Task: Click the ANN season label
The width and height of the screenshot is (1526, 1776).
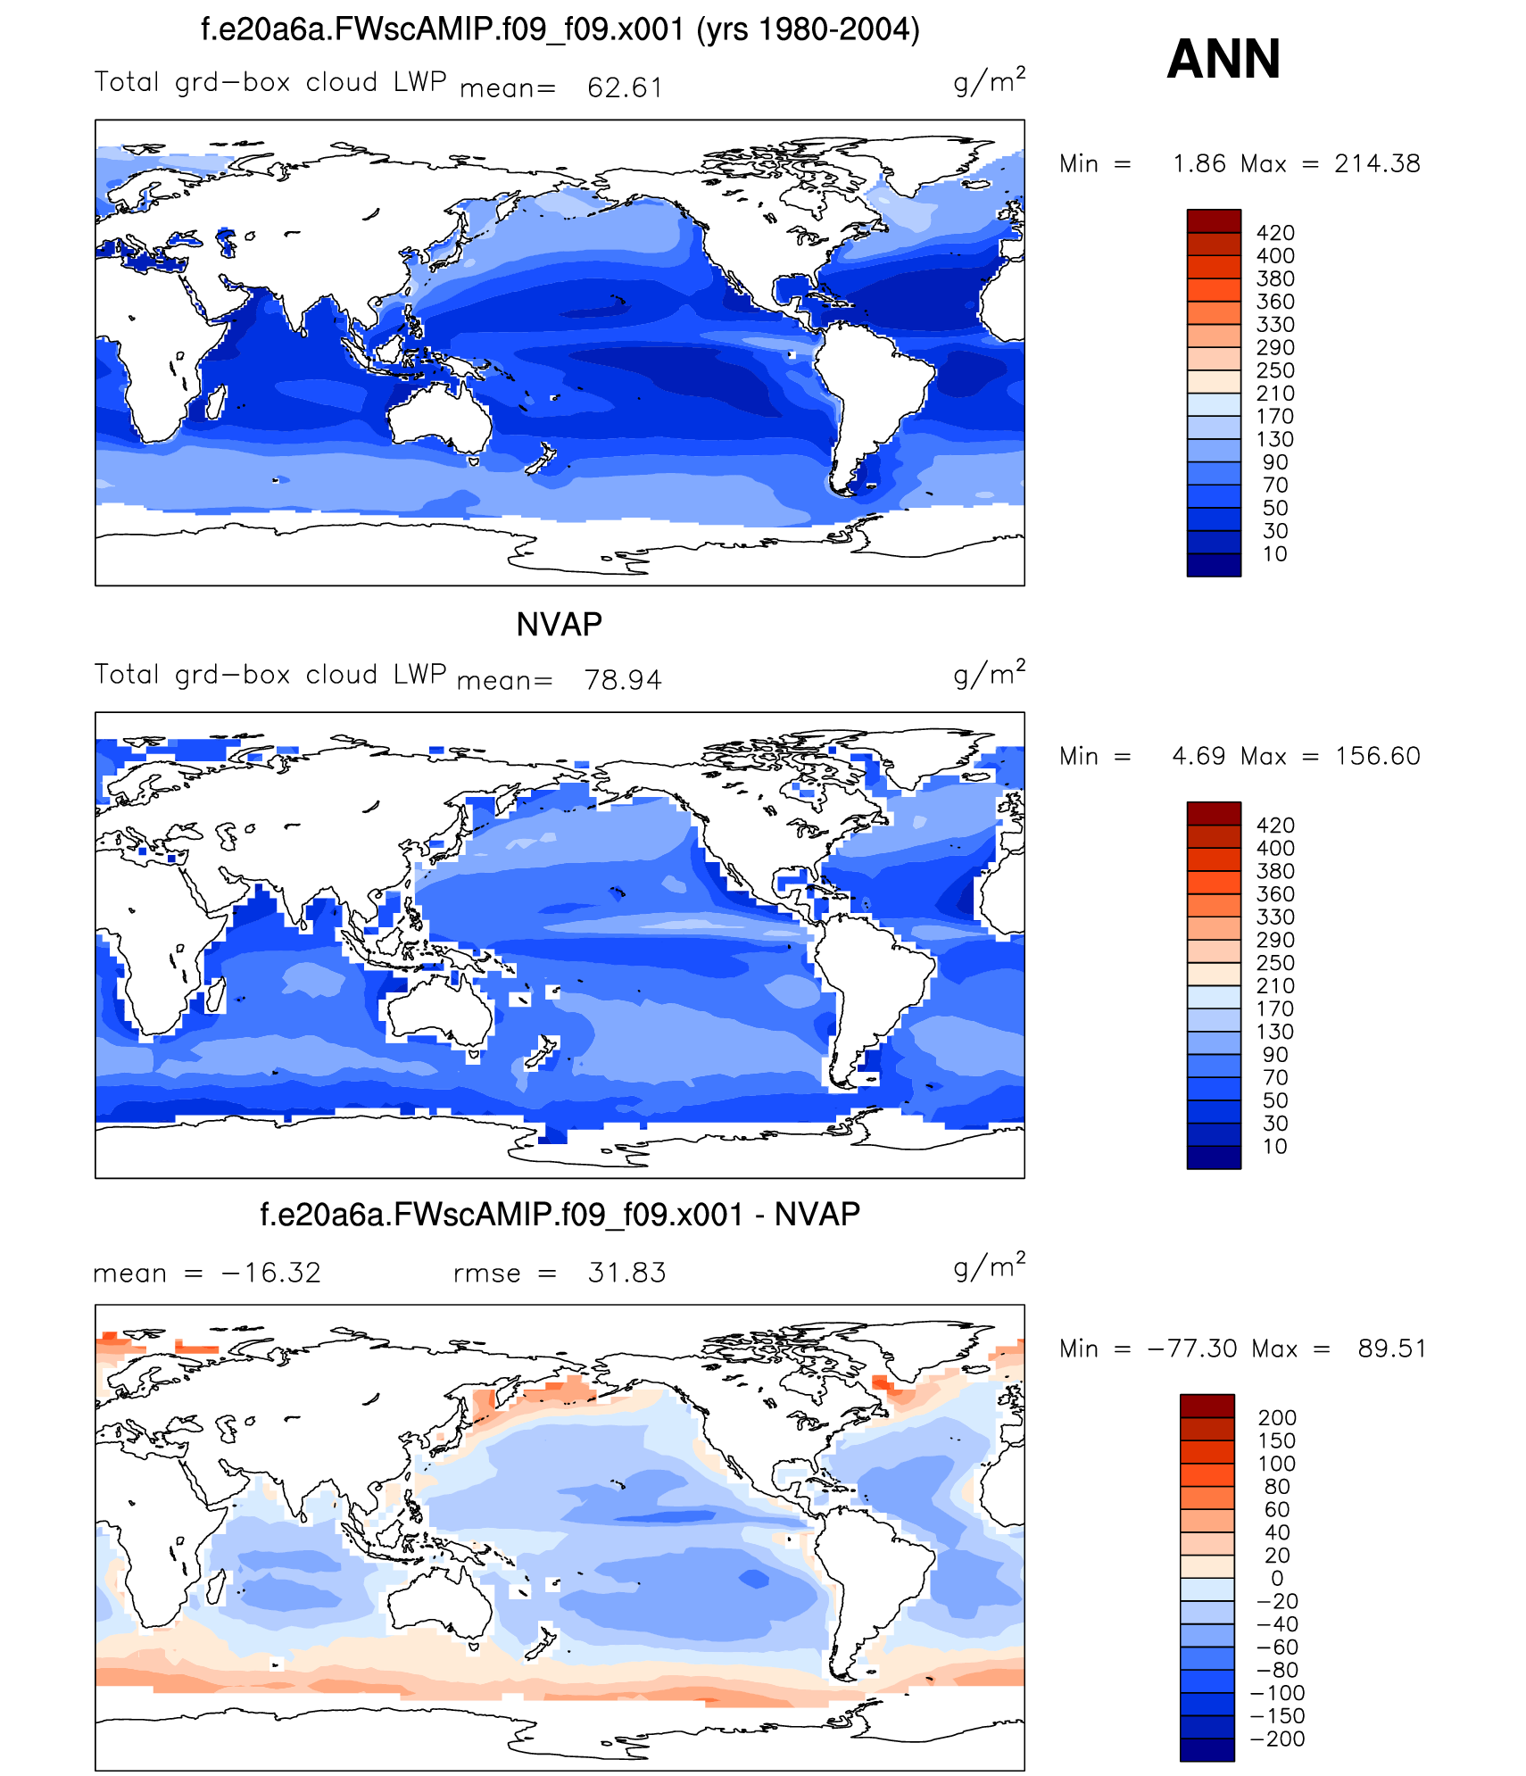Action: pyautogui.click(x=1223, y=59)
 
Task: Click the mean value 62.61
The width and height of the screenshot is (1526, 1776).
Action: pyautogui.click(x=625, y=87)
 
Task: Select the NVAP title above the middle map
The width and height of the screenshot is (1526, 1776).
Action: pyautogui.click(x=559, y=624)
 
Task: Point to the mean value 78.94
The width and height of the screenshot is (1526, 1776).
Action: pyautogui.click(x=623, y=680)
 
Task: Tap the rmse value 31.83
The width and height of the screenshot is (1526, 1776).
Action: pyautogui.click(x=626, y=1273)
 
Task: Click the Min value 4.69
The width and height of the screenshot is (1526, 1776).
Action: pyautogui.click(x=1198, y=756)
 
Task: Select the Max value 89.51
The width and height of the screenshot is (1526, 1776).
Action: pyautogui.click(x=1391, y=1349)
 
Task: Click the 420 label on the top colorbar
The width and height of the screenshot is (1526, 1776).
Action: pyautogui.click(x=1275, y=233)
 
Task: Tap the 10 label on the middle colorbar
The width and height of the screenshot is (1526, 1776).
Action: pyautogui.click(x=1274, y=1147)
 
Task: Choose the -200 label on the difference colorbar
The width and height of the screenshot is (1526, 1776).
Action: pyautogui.click(x=1277, y=1739)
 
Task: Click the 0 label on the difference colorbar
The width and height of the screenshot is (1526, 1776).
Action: pyautogui.click(x=1277, y=1579)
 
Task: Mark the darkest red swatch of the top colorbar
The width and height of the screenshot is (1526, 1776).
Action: pyautogui.click(x=1213, y=220)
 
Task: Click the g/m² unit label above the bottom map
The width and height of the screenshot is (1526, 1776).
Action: pyautogui.click(x=989, y=1266)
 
